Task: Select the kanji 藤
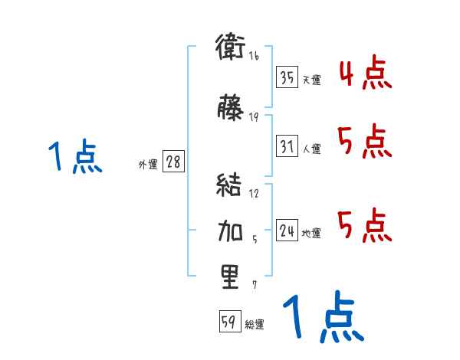pyautogui.click(x=230, y=108)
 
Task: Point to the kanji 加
pyautogui.click(x=230, y=229)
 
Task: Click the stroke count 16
pyautogui.click(x=254, y=55)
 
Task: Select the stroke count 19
pyautogui.click(x=254, y=116)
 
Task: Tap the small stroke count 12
pyautogui.click(x=254, y=193)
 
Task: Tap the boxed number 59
pyautogui.click(x=228, y=322)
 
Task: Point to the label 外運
pyautogui.click(x=148, y=165)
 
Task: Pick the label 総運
pyautogui.click(x=255, y=325)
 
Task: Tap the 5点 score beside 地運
pyautogui.click(x=365, y=225)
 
